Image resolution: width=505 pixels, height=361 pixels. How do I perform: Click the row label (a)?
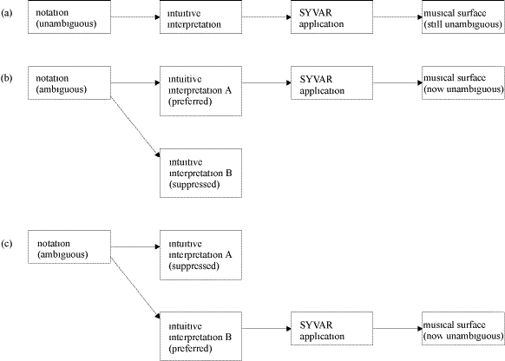[x=7, y=13]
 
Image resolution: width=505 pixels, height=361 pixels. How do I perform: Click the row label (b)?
[x=7, y=78]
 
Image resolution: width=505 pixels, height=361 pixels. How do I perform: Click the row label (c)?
[x=7, y=244]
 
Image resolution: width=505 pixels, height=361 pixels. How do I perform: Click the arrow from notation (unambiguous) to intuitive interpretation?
[x=135, y=16]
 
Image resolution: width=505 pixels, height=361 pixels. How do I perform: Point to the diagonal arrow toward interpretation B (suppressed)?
[x=135, y=127]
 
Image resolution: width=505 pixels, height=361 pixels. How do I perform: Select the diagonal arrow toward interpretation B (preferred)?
[x=135, y=287]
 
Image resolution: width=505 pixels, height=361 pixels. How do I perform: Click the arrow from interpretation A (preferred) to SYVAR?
[x=266, y=82]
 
